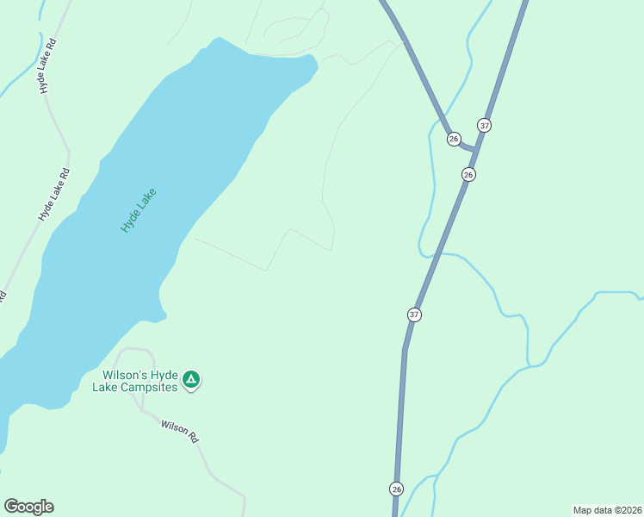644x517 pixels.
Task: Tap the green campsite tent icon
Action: [191, 379]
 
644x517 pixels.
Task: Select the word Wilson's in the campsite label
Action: [125, 376]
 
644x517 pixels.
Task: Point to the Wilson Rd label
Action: [180, 430]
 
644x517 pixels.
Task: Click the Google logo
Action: [28, 507]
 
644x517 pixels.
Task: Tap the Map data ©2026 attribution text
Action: [607, 509]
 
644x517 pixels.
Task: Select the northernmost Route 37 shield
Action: [485, 125]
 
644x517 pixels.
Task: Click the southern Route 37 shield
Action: [414, 315]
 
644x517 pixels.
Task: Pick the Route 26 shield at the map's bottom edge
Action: [395, 489]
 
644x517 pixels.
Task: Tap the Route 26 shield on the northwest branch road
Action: [454, 139]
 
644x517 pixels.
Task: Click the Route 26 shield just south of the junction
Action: [468, 174]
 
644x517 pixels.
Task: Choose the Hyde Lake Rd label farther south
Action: [53, 196]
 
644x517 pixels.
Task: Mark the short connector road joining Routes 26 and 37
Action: [468, 148]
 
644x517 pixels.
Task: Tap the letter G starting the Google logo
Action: [10, 507]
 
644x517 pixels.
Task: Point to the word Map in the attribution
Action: [584, 509]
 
